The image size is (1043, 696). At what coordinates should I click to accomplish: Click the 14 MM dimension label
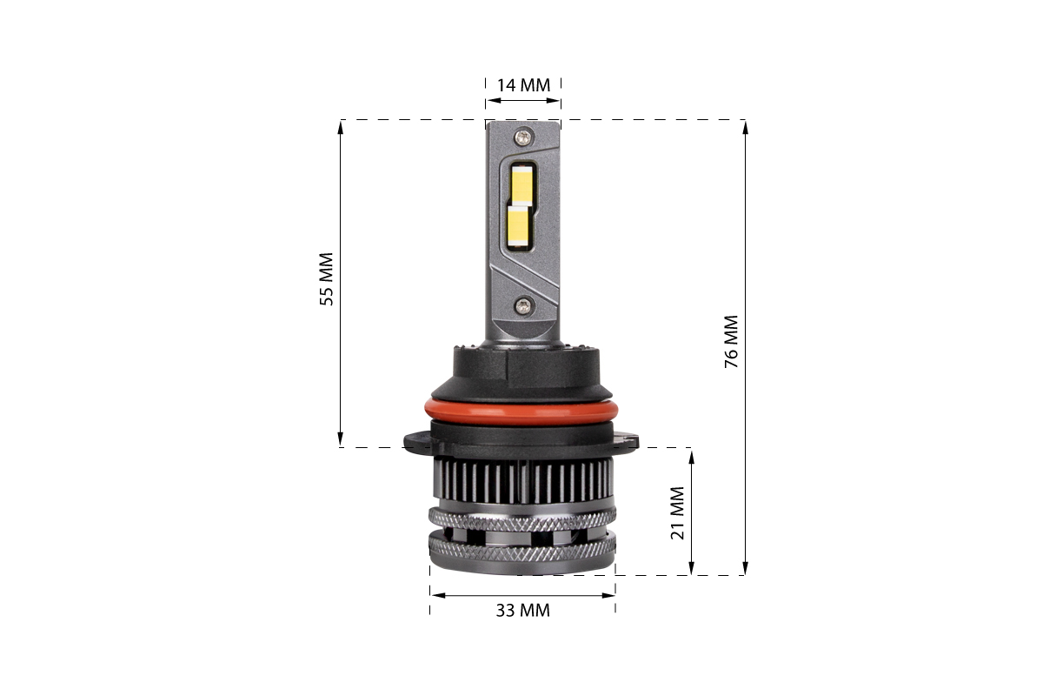point(523,85)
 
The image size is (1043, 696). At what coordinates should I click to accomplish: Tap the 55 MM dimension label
point(327,279)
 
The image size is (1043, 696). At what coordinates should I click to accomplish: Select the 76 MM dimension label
point(732,342)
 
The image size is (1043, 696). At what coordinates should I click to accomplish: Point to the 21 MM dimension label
point(677,513)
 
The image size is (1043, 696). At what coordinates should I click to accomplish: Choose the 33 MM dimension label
point(523,611)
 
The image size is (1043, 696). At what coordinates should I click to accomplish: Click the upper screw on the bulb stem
point(523,137)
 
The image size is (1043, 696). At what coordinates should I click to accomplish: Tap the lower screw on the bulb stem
point(524,306)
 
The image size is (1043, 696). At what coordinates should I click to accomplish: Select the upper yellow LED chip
point(522,184)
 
